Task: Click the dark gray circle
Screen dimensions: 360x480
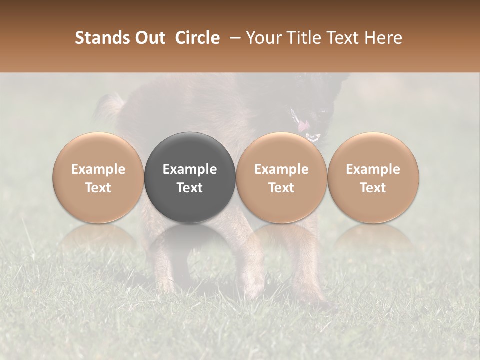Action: [190, 178]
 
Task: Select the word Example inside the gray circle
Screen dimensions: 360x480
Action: [190, 169]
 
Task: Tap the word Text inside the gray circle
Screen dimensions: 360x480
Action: [190, 188]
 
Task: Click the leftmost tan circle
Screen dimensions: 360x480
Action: [98, 178]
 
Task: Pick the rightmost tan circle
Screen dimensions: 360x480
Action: [373, 178]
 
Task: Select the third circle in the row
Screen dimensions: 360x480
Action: [281, 178]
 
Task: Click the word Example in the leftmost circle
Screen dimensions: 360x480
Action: [98, 169]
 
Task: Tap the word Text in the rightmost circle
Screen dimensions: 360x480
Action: [373, 188]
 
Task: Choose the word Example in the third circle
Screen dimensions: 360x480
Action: [281, 169]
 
